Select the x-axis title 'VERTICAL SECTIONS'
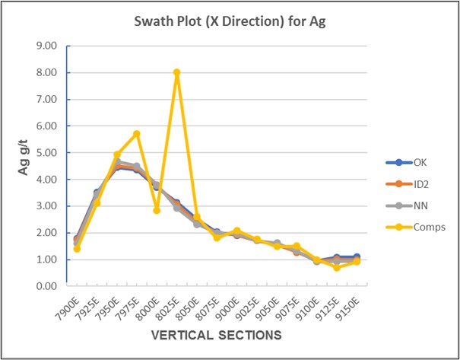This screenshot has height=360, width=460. (216, 335)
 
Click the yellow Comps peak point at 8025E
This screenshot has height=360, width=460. (176, 72)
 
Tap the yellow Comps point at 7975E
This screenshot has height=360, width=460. (137, 134)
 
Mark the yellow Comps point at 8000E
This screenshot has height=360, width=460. (157, 210)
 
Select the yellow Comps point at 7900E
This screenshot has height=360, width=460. (77, 249)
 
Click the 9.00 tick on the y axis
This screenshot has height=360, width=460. (47, 46)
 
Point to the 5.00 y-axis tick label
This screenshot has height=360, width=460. (47, 153)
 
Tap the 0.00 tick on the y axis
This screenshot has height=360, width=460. (47, 286)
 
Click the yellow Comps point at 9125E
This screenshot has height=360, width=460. (337, 267)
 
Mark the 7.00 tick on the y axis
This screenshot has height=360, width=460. (47, 100)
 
